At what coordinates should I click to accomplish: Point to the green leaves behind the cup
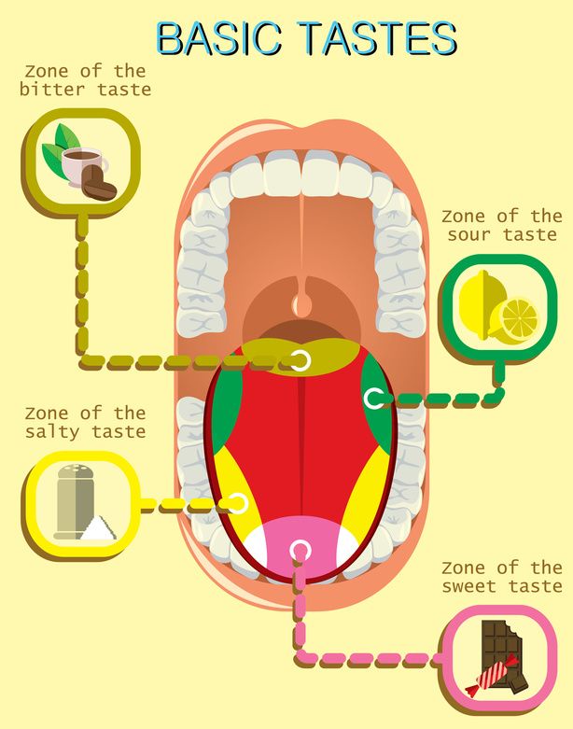point(62,143)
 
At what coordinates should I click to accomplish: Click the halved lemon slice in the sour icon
point(515,318)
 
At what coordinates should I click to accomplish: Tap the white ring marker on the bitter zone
point(300,360)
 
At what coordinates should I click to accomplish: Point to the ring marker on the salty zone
point(237,504)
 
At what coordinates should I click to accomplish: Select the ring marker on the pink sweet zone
point(300,552)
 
